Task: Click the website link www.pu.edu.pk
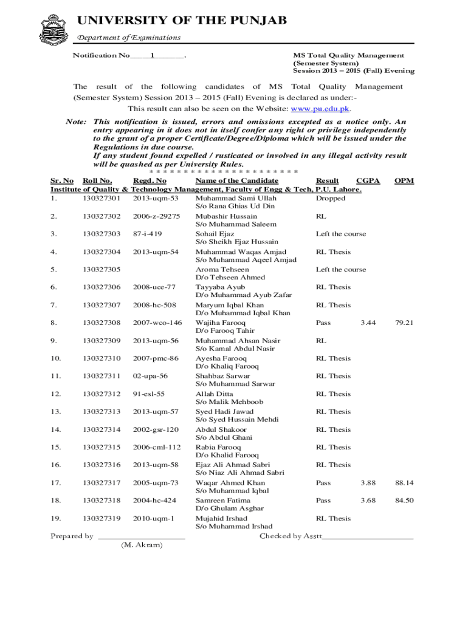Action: click(320, 109)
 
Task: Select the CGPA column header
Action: click(368, 180)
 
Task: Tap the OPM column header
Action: click(404, 180)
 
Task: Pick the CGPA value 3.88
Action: click(367, 483)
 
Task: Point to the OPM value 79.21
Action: click(404, 323)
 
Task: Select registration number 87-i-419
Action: click(147, 234)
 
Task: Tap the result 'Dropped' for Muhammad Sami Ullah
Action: click(331, 198)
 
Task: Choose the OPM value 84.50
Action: click(404, 501)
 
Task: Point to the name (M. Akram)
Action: click(142, 545)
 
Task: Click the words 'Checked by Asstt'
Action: click(291, 536)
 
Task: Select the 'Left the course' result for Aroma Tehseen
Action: click(340, 269)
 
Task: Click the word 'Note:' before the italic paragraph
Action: click(75, 121)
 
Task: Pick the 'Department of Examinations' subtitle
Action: click(128, 38)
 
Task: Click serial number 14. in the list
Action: click(55, 429)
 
